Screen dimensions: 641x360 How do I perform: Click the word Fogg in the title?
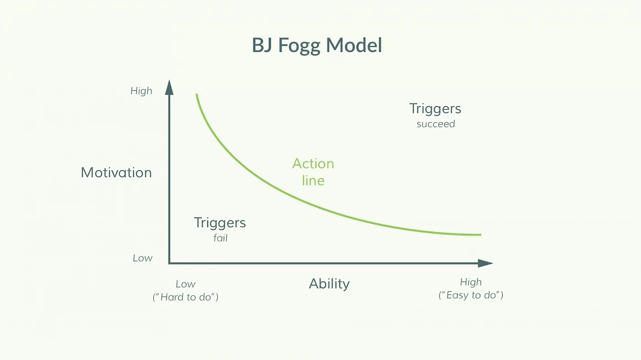(299, 46)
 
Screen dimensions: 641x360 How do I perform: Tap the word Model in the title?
(354, 45)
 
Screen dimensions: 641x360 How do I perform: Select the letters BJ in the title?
(262, 45)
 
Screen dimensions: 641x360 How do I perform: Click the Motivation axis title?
(116, 173)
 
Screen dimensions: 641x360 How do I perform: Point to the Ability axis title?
(329, 284)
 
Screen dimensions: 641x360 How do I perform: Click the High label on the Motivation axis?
(141, 91)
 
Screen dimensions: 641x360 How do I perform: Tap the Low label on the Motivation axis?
(143, 258)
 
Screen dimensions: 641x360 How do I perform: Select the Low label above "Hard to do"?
(185, 284)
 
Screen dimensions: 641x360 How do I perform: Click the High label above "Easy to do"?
(471, 282)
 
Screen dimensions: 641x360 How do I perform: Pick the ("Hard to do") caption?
(185, 297)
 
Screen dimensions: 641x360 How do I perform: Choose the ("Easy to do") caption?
(471, 295)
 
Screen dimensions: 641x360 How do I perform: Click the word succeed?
(436, 124)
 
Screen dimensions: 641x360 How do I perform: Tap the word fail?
(220, 238)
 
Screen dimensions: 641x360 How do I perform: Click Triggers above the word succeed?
(435, 109)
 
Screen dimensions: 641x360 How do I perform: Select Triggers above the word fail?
(220, 223)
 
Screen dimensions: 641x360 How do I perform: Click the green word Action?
(313, 164)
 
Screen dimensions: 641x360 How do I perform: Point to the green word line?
(313, 181)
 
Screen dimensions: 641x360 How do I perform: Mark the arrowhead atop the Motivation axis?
(169, 87)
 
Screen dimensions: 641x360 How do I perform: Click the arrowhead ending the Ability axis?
(485, 263)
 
